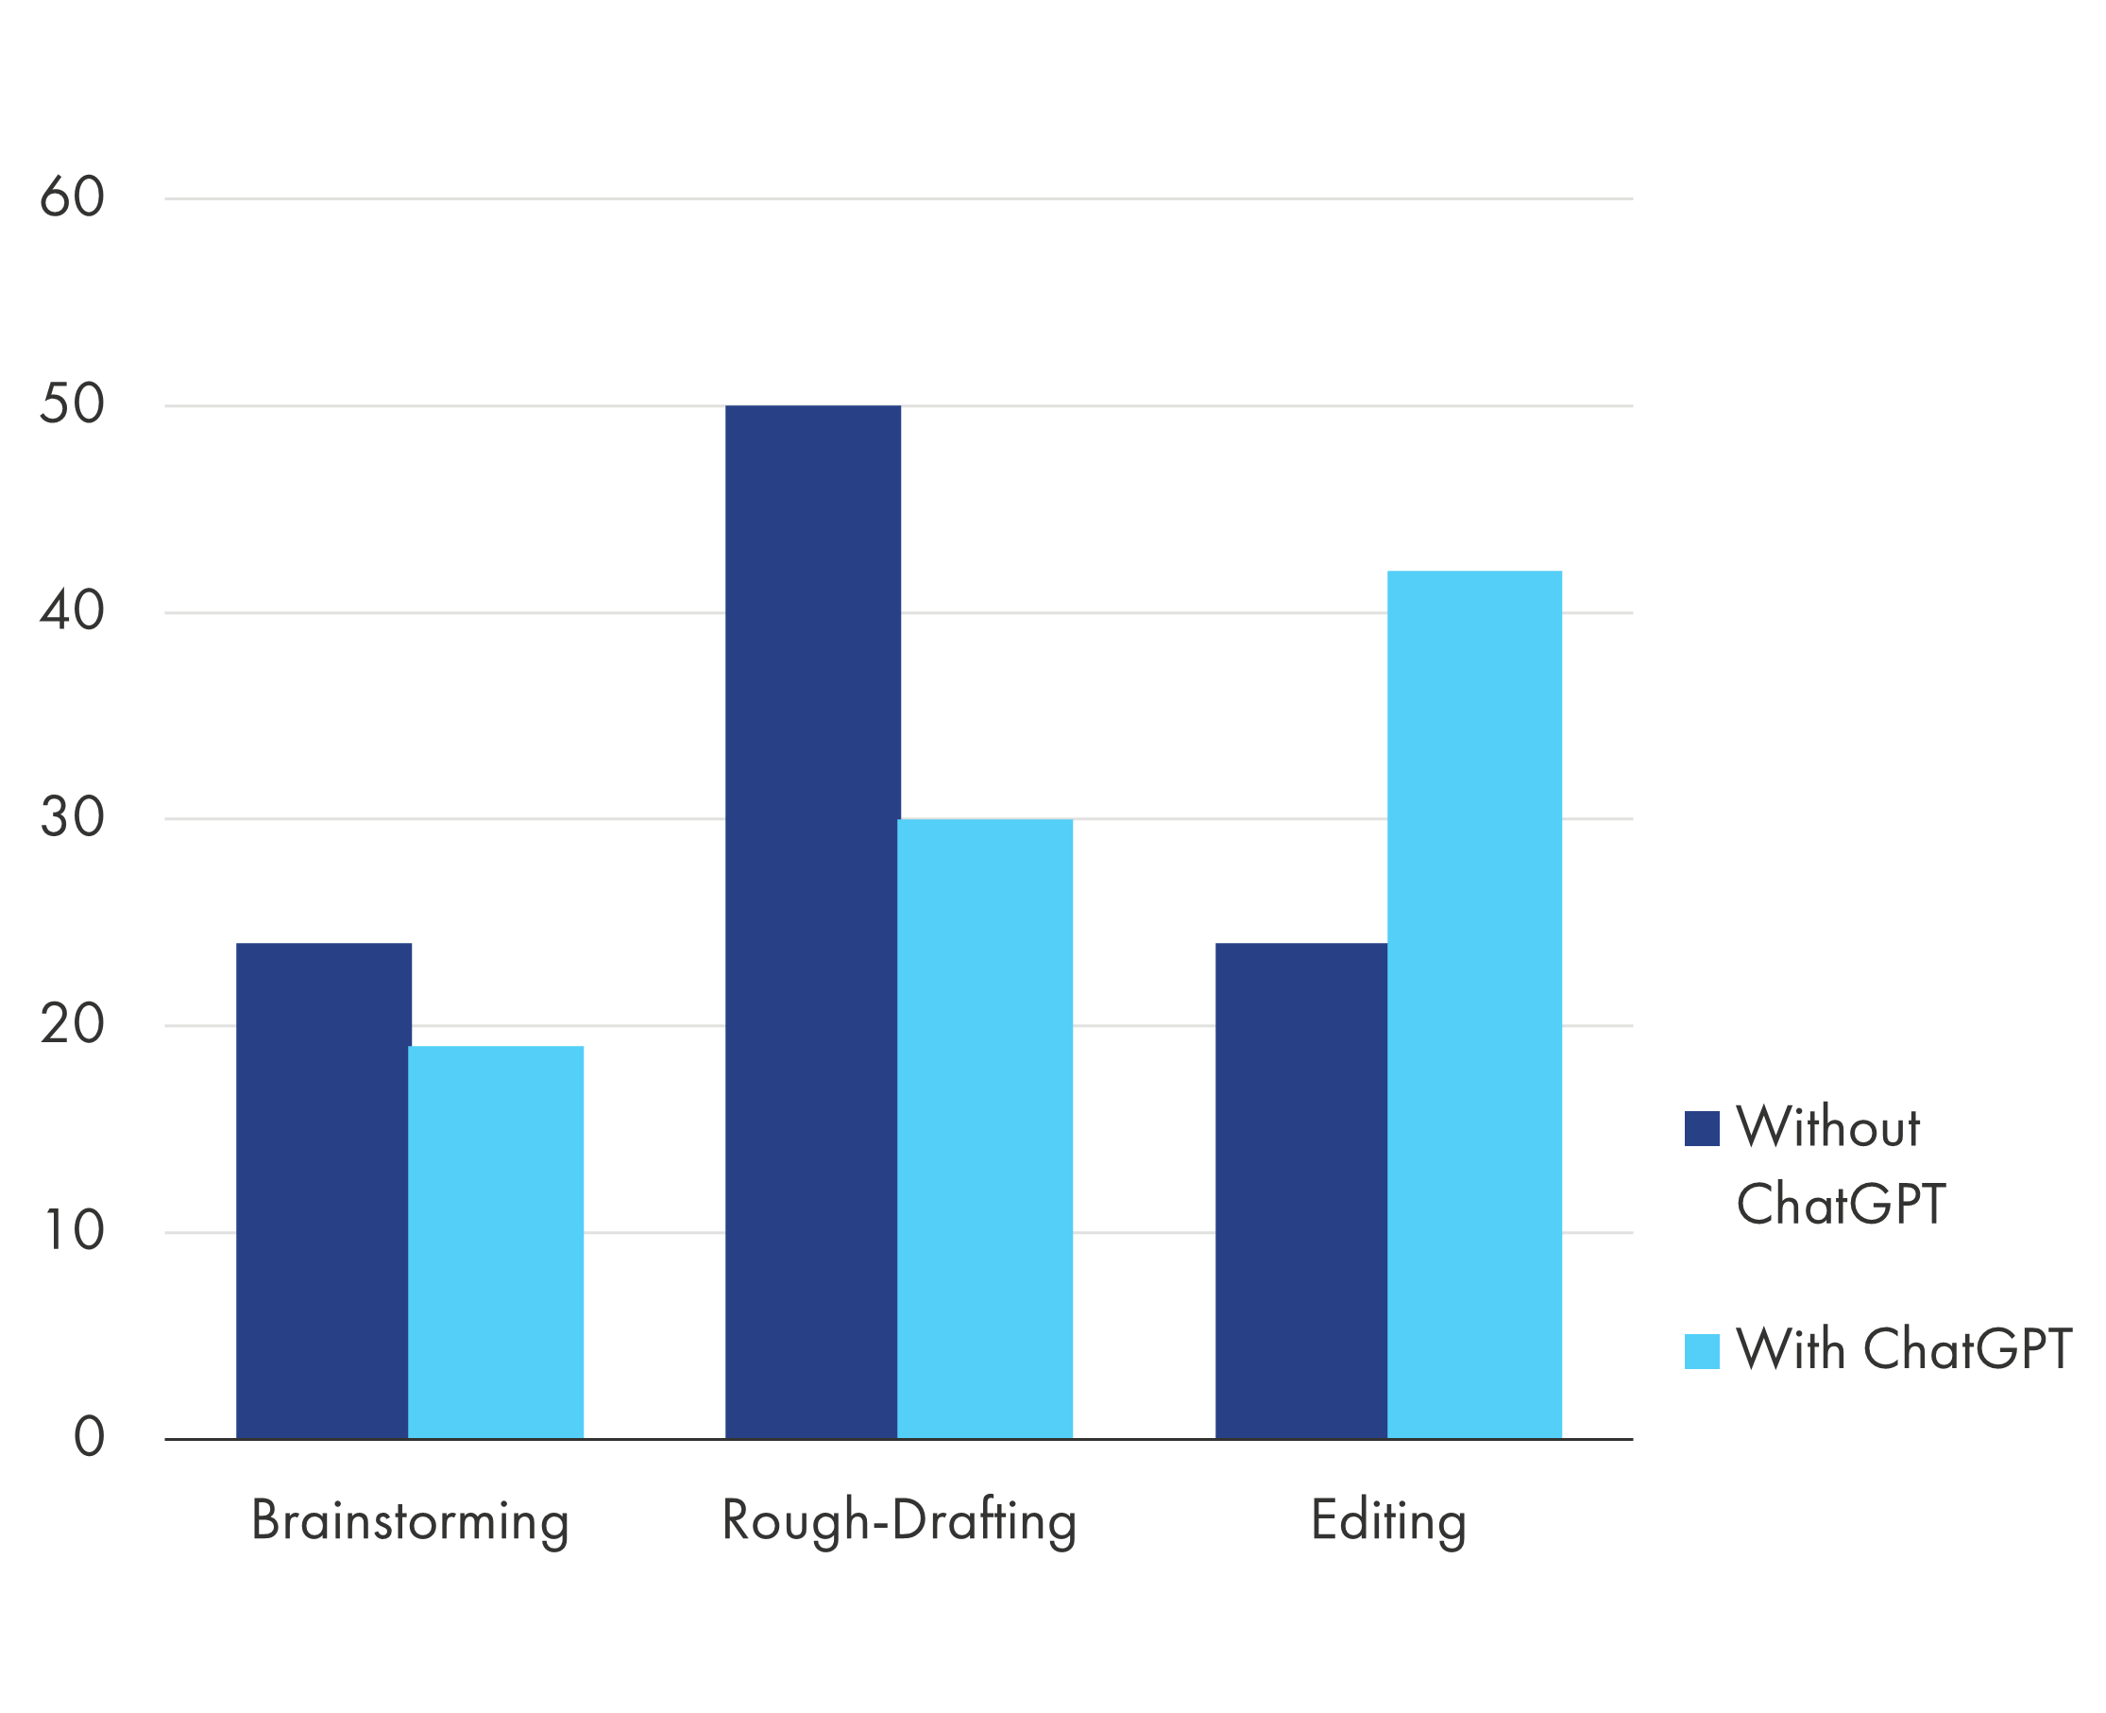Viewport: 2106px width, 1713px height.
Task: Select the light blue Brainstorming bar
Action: click(x=496, y=1242)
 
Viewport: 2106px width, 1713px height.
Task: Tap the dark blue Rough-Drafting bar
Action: click(x=812, y=921)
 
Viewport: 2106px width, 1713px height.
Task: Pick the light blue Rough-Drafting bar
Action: click(x=985, y=1128)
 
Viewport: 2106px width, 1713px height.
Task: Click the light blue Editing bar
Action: click(x=1475, y=1003)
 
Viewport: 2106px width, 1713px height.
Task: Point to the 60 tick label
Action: click(x=72, y=197)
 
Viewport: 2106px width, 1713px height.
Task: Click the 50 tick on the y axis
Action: click(x=72, y=404)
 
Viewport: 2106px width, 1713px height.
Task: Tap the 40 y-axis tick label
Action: click(x=72, y=612)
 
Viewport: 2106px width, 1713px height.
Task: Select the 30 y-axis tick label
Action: click(x=72, y=818)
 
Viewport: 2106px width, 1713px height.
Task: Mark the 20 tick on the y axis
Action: click(x=72, y=1025)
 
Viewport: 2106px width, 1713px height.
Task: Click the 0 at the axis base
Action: click(x=89, y=1438)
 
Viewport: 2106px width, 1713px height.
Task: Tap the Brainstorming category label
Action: click(x=411, y=1520)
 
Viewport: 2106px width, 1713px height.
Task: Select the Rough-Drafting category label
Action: click(x=899, y=1520)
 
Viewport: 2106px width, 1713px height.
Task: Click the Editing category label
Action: click(x=1388, y=1520)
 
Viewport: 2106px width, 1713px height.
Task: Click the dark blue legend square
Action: click(x=1702, y=1129)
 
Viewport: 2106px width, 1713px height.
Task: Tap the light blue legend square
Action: click(x=1702, y=1351)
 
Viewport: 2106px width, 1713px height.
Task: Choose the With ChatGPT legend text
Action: click(x=1903, y=1349)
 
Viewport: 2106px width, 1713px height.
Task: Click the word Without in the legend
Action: click(x=1827, y=1127)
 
